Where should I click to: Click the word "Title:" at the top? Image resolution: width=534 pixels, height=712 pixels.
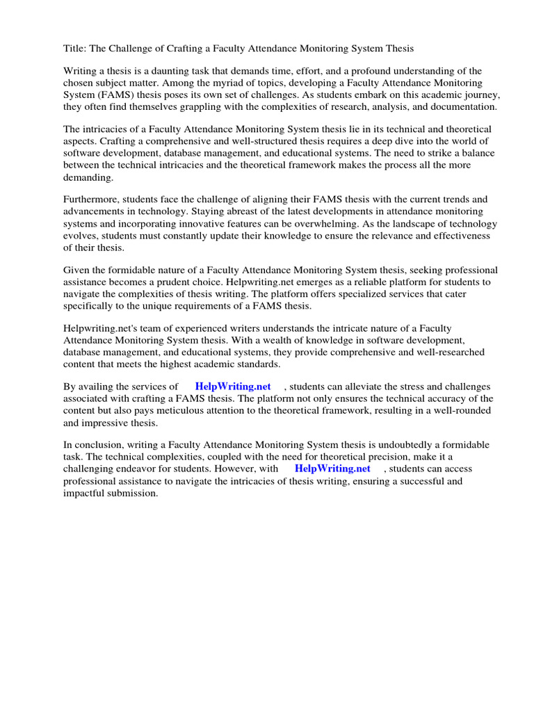pos(75,49)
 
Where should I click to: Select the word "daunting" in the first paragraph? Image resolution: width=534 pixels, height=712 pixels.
pos(163,72)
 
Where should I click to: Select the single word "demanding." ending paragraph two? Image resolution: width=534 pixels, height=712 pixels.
pos(88,177)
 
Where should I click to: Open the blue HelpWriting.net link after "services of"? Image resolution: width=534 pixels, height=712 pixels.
pos(232,387)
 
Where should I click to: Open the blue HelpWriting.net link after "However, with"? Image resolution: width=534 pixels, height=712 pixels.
pos(332,469)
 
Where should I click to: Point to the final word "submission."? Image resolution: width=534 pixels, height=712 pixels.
pos(134,492)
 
